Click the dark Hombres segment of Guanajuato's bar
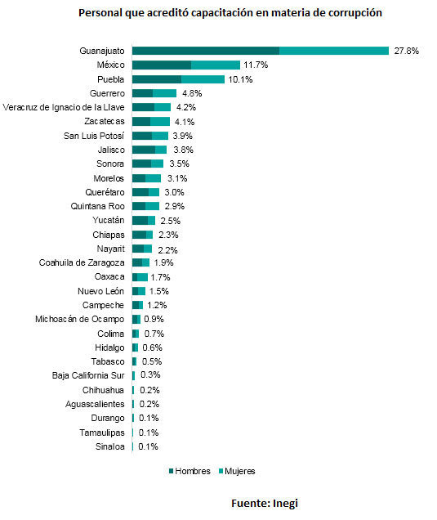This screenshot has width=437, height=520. tap(206, 51)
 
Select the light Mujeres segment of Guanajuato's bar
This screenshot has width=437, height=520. tap(334, 51)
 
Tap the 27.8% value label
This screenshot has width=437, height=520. tap(406, 51)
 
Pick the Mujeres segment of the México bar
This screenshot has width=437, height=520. tap(216, 65)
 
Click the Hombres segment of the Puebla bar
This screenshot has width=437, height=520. tap(157, 79)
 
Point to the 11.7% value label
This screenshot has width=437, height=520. tap(256, 65)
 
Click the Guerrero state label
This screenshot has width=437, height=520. tap(107, 93)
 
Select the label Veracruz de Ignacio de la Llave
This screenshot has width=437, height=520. tap(64, 107)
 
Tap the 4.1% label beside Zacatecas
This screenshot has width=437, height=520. tap(185, 122)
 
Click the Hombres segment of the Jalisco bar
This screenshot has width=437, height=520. tap(144, 150)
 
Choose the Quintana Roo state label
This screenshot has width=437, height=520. tap(98, 206)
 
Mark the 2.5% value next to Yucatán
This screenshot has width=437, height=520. tap(171, 221)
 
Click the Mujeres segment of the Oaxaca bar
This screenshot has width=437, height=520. tap(142, 277)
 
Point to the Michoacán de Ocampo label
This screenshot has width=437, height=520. tap(80, 320)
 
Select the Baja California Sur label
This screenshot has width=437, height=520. tap(88, 375)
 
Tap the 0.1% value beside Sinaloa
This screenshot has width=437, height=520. tap(148, 446)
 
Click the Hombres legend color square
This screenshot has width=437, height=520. tap(171, 471)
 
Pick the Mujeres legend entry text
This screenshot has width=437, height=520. tap(240, 471)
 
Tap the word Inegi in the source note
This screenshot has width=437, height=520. tap(285, 504)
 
